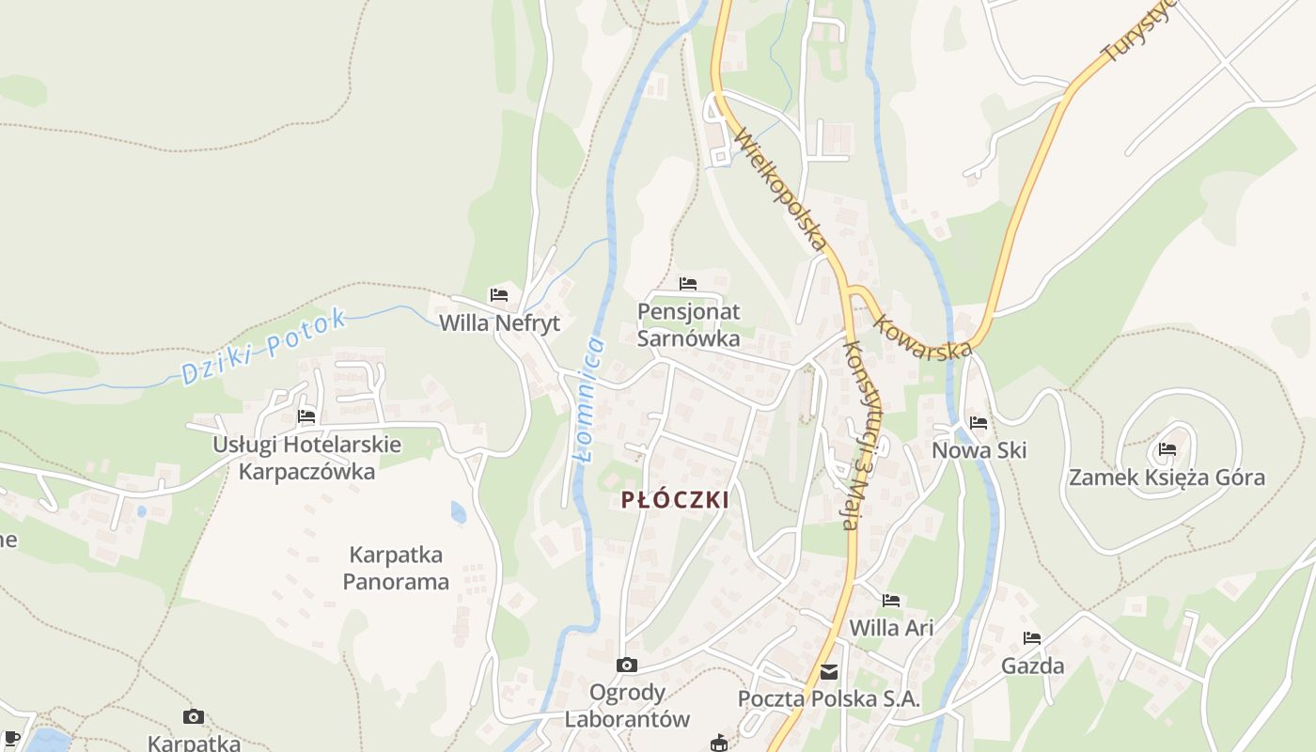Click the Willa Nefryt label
[x=499, y=323]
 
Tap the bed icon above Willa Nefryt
[x=499, y=295]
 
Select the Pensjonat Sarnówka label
[x=689, y=324]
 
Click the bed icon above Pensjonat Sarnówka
[x=688, y=283]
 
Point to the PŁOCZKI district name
[x=675, y=500]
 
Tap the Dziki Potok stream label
[x=264, y=347]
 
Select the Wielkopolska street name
[x=779, y=188]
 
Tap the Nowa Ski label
[x=979, y=450]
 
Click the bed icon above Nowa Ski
[x=979, y=423]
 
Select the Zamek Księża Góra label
[x=1167, y=478]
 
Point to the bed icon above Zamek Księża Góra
[x=1167, y=449]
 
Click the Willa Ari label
[x=891, y=627]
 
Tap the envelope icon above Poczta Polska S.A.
[x=829, y=672]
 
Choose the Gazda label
[x=1032, y=666]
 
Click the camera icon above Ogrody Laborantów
[x=627, y=666]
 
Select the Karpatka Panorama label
[x=396, y=568]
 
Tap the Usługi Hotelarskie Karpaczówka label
[x=306, y=458]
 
